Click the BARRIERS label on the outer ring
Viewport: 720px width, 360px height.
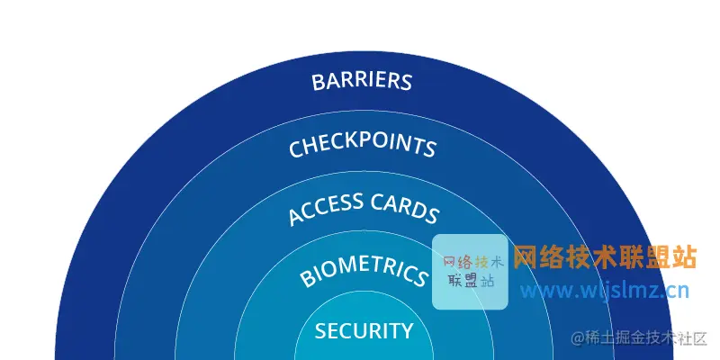coord(362,81)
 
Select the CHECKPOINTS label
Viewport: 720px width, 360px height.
coord(363,146)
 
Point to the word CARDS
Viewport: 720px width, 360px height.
coord(405,209)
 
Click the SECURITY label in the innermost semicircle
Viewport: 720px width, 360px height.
coord(364,331)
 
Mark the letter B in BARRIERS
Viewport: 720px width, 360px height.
coord(318,83)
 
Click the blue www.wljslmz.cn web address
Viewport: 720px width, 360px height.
coord(605,290)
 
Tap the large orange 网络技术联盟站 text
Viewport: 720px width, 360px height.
coord(605,257)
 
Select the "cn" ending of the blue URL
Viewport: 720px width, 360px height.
coord(677,290)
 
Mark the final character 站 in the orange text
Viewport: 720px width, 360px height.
coord(685,257)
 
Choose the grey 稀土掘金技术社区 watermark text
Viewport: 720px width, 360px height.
coord(648,339)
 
